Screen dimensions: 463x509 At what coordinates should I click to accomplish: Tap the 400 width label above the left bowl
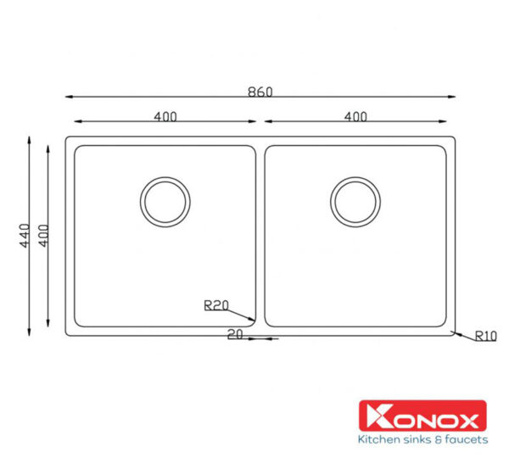click(x=165, y=117)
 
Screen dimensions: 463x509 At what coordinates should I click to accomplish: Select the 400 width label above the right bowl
click(x=355, y=117)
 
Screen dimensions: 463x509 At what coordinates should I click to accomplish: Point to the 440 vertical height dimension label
click(x=25, y=235)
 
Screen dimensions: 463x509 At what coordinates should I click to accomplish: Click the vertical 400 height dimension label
click(x=43, y=235)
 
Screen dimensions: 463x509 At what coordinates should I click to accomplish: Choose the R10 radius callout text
click(x=485, y=337)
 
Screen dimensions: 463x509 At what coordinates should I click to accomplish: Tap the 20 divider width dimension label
click(x=235, y=335)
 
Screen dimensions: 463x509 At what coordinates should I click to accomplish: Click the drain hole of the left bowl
click(x=165, y=202)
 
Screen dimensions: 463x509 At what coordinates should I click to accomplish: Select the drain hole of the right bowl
click(x=355, y=202)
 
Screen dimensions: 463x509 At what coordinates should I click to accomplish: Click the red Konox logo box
click(x=422, y=416)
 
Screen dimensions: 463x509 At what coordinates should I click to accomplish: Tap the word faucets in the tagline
click(x=465, y=439)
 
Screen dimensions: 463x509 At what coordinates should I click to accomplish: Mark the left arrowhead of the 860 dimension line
click(x=68, y=97)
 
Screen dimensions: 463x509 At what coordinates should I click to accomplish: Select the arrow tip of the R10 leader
click(x=451, y=332)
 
